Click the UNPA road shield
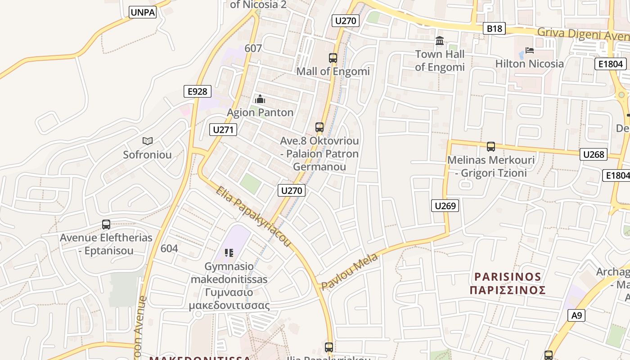[143, 12]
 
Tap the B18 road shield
[494, 29]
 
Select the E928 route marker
[198, 91]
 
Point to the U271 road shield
[223, 130]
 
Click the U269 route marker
[445, 206]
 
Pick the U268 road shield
[594, 154]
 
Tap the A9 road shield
[577, 315]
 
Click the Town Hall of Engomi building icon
[440, 41]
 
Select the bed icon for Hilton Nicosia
[530, 50]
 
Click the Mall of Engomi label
[333, 71]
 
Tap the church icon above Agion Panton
[260, 99]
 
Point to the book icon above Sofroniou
[148, 141]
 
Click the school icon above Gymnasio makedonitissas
[229, 253]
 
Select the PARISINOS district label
[508, 283]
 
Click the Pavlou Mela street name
[349, 272]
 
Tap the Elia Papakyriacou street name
[253, 216]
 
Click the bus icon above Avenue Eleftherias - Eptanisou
[106, 224]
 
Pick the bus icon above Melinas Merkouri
[491, 146]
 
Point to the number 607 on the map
[253, 48]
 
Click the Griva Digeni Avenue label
[583, 33]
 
